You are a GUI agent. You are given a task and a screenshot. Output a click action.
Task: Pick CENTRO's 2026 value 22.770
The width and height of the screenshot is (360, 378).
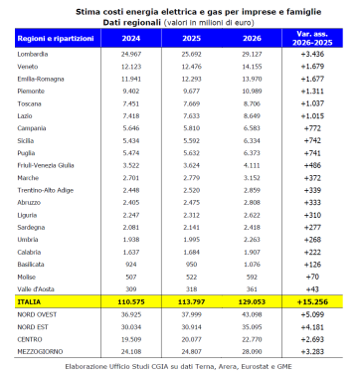click(253, 338)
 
